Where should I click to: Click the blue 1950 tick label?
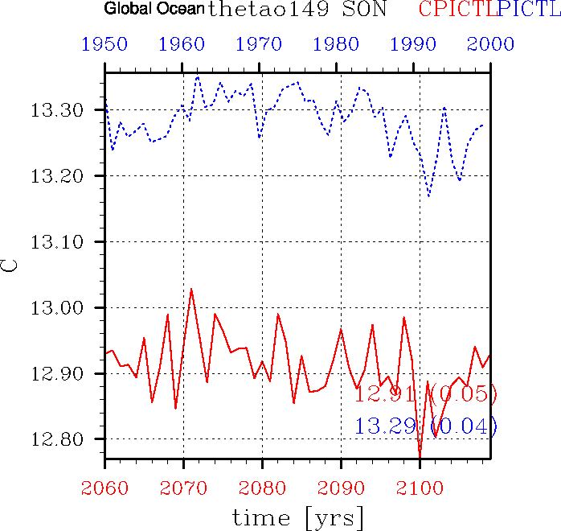point(104,43)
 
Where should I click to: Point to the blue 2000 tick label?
point(490,43)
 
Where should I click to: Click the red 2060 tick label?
point(104,488)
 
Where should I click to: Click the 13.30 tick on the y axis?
point(69,110)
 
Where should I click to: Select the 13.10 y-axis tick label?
point(69,242)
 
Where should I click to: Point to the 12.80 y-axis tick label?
point(69,440)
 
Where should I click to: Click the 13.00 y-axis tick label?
point(69,308)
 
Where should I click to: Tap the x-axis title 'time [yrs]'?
point(297,517)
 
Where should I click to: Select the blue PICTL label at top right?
point(529,10)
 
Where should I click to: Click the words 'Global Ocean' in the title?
point(154,10)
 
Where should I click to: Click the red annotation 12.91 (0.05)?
point(426,394)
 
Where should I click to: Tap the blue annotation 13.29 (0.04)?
point(426,426)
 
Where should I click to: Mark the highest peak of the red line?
point(191,288)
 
